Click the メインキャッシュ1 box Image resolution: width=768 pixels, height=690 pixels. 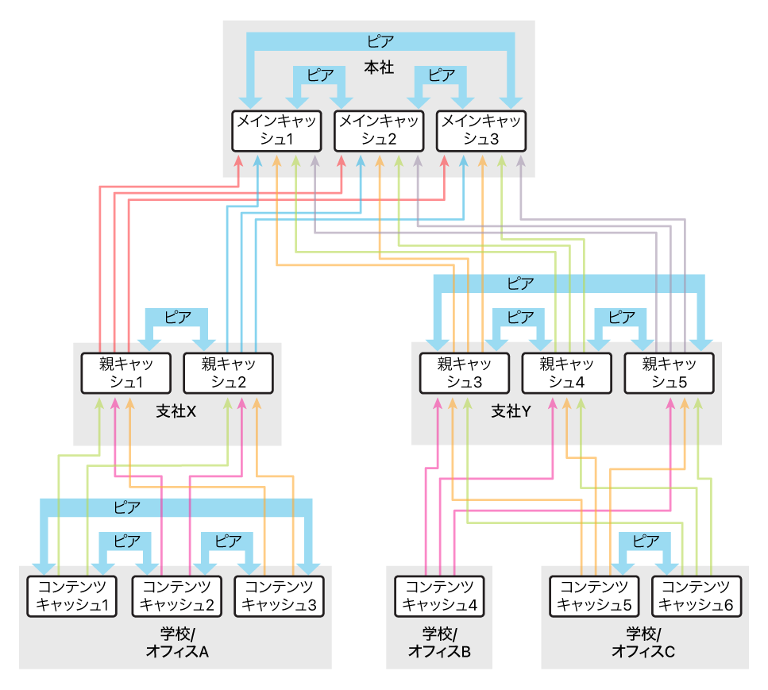coord(276,131)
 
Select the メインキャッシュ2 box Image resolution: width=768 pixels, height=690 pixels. coord(379,131)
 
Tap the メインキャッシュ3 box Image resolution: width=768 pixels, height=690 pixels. coord(481,131)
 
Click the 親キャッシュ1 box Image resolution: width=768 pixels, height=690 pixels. coord(125,373)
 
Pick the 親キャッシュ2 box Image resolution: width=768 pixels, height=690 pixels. coord(228,373)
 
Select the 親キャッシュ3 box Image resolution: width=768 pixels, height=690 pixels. coord(465,373)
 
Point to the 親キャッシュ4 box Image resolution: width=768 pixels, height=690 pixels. coord(567,373)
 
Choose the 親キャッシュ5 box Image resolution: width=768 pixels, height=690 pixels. coord(669,373)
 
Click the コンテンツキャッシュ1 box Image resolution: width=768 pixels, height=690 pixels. coord(72,596)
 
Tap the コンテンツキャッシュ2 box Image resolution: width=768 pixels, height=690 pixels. coord(177,596)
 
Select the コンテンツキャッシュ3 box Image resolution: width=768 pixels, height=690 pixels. coord(280,596)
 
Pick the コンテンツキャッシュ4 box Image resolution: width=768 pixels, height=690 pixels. coord(439,596)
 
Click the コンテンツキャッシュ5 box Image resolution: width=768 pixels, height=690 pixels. coord(594,596)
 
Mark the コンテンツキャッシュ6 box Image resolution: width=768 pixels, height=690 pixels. coord(697,596)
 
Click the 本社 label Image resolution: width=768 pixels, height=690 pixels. coord(379,67)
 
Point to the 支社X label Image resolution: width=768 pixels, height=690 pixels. coord(176,411)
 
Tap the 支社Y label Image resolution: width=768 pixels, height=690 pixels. coord(511,411)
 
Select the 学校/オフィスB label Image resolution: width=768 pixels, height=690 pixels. coord(439,642)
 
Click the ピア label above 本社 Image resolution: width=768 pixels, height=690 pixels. coord(380,41)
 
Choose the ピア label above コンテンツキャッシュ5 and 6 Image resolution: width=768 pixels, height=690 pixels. coord(646,542)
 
